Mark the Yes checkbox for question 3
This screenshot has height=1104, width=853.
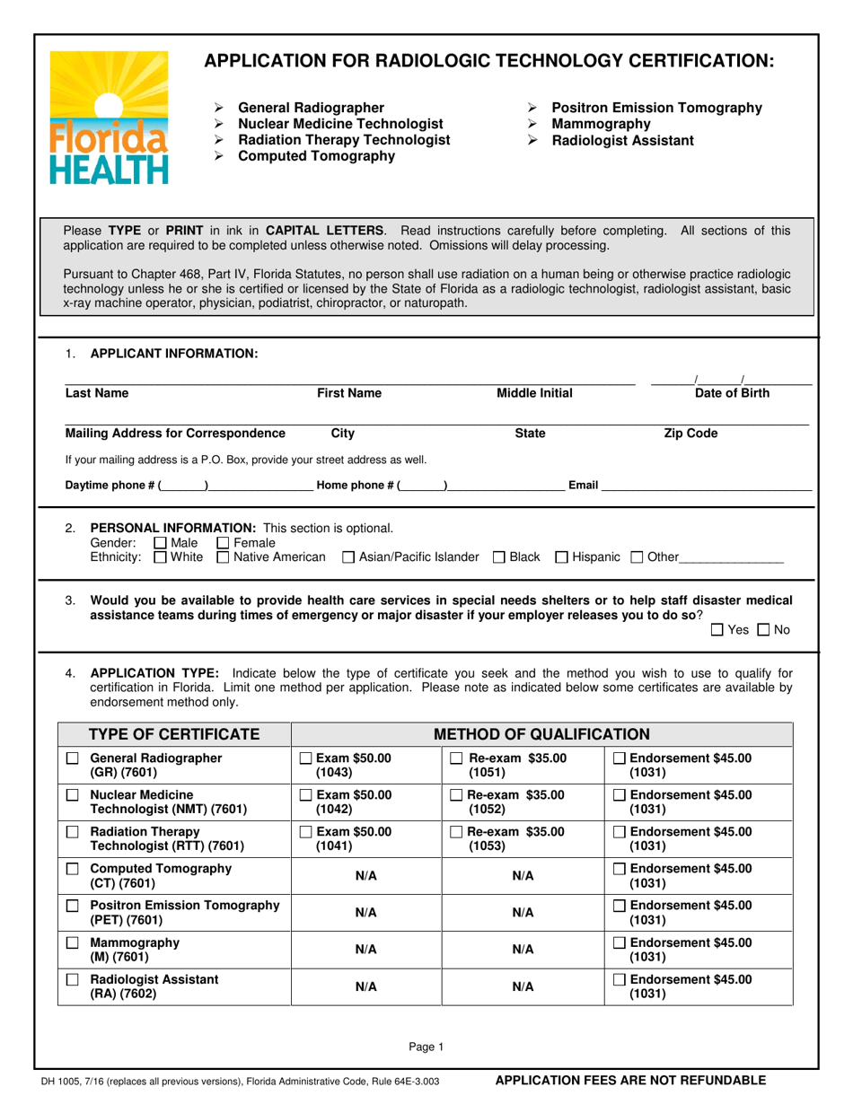point(717,630)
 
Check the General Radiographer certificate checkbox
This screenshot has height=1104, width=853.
point(73,758)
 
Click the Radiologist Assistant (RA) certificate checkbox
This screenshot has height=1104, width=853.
point(73,981)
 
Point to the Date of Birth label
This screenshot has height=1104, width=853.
point(732,392)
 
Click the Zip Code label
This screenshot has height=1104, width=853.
point(690,434)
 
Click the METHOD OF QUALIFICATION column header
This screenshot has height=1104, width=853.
point(541,734)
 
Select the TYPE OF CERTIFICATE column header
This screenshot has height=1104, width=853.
point(175,734)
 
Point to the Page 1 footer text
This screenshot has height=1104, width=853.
point(426,1046)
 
